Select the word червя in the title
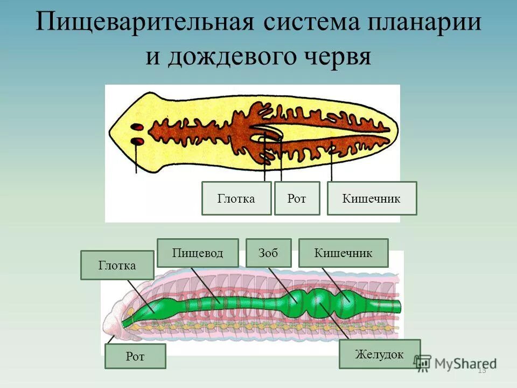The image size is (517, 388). click(x=337, y=57)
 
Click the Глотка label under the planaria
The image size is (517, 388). click(x=236, y=198)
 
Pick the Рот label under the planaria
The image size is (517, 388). click(x=297, y=198)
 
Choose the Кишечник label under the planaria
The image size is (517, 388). click(x=372, y=198)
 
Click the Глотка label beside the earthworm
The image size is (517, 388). click(x=117, y=265)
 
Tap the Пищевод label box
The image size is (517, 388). click(x=198, y=253)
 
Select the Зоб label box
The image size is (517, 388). click(x=268, y=253)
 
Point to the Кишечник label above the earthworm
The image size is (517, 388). click(x=343, y=253)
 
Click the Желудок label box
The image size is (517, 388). click(x=379, y=354)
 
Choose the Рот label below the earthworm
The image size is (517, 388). click(x=135, y=356)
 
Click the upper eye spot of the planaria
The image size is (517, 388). click(x=137, y=127)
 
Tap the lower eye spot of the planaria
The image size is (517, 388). click(x=137, y=142)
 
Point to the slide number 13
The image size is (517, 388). click(x=481, y=370)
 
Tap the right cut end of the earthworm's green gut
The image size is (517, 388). click(x=399, y=306)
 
